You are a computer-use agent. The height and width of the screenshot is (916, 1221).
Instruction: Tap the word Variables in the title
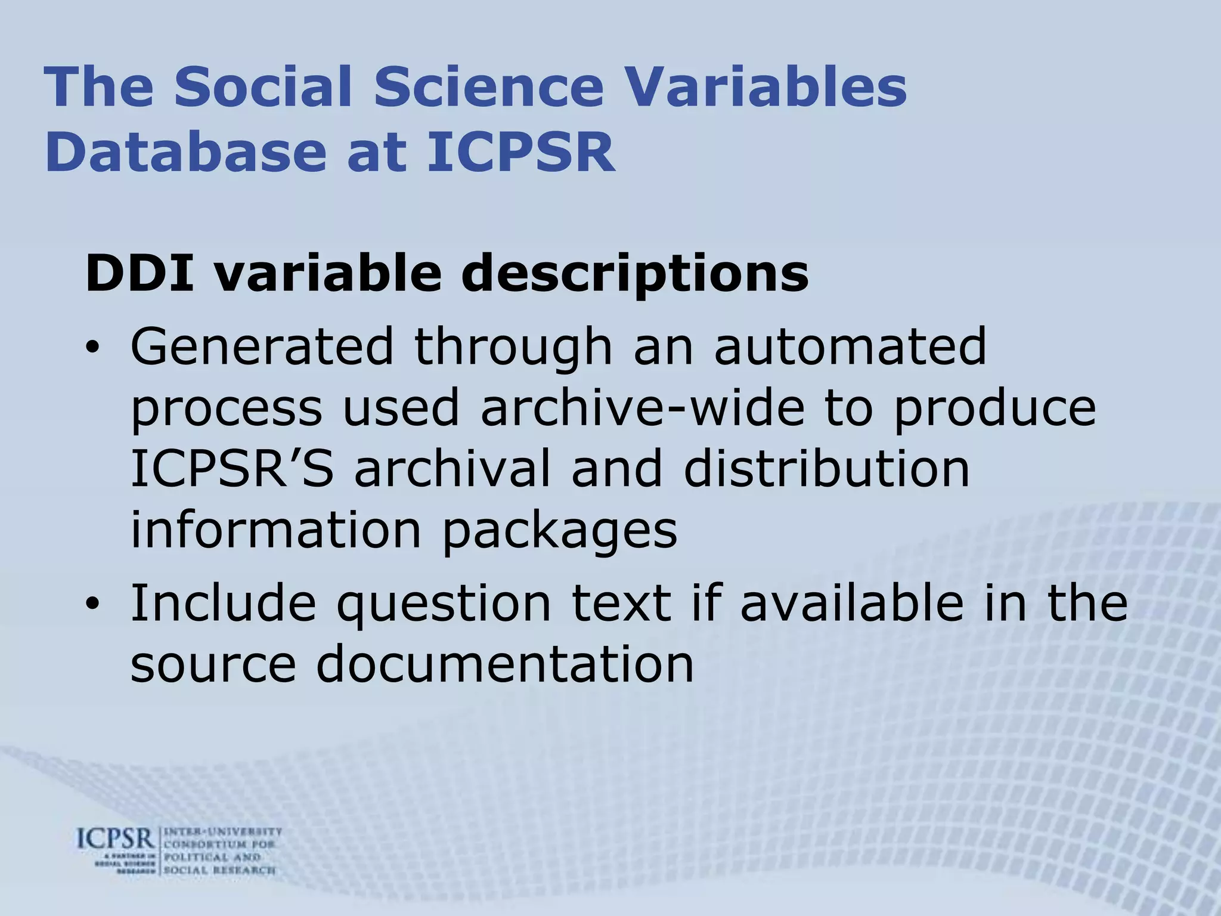(767, 87)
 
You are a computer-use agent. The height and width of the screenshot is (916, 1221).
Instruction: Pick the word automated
(851, 347)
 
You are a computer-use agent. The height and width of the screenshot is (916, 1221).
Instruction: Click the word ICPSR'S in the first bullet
(232, 469)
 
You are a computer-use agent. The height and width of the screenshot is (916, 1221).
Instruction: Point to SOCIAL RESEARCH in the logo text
(219, 870)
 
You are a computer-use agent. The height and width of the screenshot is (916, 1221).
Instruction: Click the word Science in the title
(489, 87)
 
